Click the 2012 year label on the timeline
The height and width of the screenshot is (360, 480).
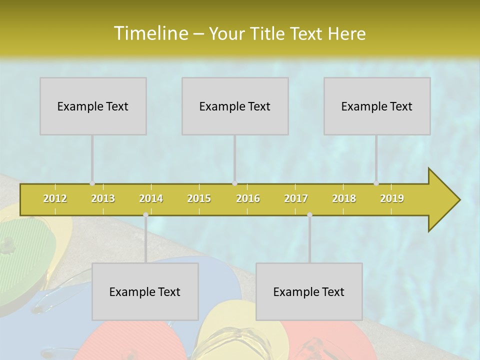[55, 198]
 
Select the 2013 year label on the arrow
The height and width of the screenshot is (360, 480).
[103, 198]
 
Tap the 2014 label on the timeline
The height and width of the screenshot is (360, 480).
[151, 198]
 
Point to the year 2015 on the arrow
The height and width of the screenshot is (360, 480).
[199, 198]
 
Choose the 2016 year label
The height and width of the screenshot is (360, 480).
[248, 198]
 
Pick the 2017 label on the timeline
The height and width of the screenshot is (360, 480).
[296, 198]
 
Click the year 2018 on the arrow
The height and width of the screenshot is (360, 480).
[344, 198]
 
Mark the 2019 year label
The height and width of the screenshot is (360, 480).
[392, 198]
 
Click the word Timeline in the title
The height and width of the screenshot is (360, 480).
[150, 33]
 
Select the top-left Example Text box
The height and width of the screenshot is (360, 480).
[93, 106]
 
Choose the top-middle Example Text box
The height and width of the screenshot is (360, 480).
[235, 106]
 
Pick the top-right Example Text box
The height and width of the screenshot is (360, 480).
[377, 106]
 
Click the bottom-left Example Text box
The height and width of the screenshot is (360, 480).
[145, 291]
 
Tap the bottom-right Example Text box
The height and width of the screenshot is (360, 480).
[309, 291]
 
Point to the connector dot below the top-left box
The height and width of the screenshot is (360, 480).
[92, 183]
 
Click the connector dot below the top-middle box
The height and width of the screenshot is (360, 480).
[234, 183]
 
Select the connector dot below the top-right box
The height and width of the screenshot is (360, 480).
[376, 183]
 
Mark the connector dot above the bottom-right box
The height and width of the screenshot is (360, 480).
[309, 215]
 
